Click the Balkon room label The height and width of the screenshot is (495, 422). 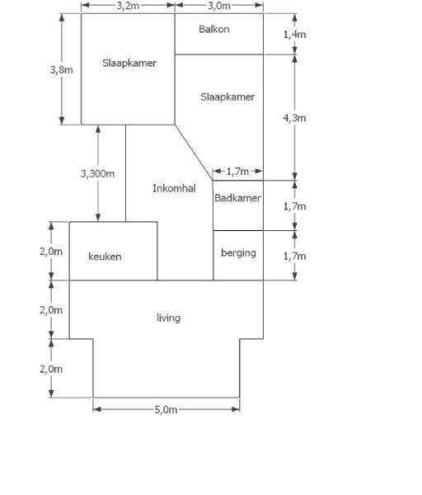[213, 30]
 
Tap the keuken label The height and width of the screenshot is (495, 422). [105, 257]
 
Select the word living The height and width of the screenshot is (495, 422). [168, 318]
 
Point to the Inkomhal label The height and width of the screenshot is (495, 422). [174, 188]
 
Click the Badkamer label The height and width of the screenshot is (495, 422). [237, 198]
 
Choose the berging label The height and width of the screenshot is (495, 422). [238, 253]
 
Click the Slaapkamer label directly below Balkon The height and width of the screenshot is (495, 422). [227, 97]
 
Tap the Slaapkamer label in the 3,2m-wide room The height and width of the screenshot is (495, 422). [129, 63]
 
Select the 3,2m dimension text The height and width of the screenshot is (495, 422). [128, 6]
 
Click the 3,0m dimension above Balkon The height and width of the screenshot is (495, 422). [219, 6]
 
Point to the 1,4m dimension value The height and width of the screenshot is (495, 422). [294, 35]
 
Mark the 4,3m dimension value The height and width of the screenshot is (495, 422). [294, 118]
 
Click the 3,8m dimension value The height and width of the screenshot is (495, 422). [62, 69]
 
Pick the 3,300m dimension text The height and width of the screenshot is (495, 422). [97, 173]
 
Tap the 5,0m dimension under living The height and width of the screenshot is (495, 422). [166, 409]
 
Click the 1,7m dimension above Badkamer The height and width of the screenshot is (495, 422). [237, 172]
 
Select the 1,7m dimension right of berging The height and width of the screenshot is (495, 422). [294, 256]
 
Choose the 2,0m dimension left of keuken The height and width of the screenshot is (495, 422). [51, 252]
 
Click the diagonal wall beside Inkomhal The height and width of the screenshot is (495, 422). [194, 153]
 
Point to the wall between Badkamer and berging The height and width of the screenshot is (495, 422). [238, 230]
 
